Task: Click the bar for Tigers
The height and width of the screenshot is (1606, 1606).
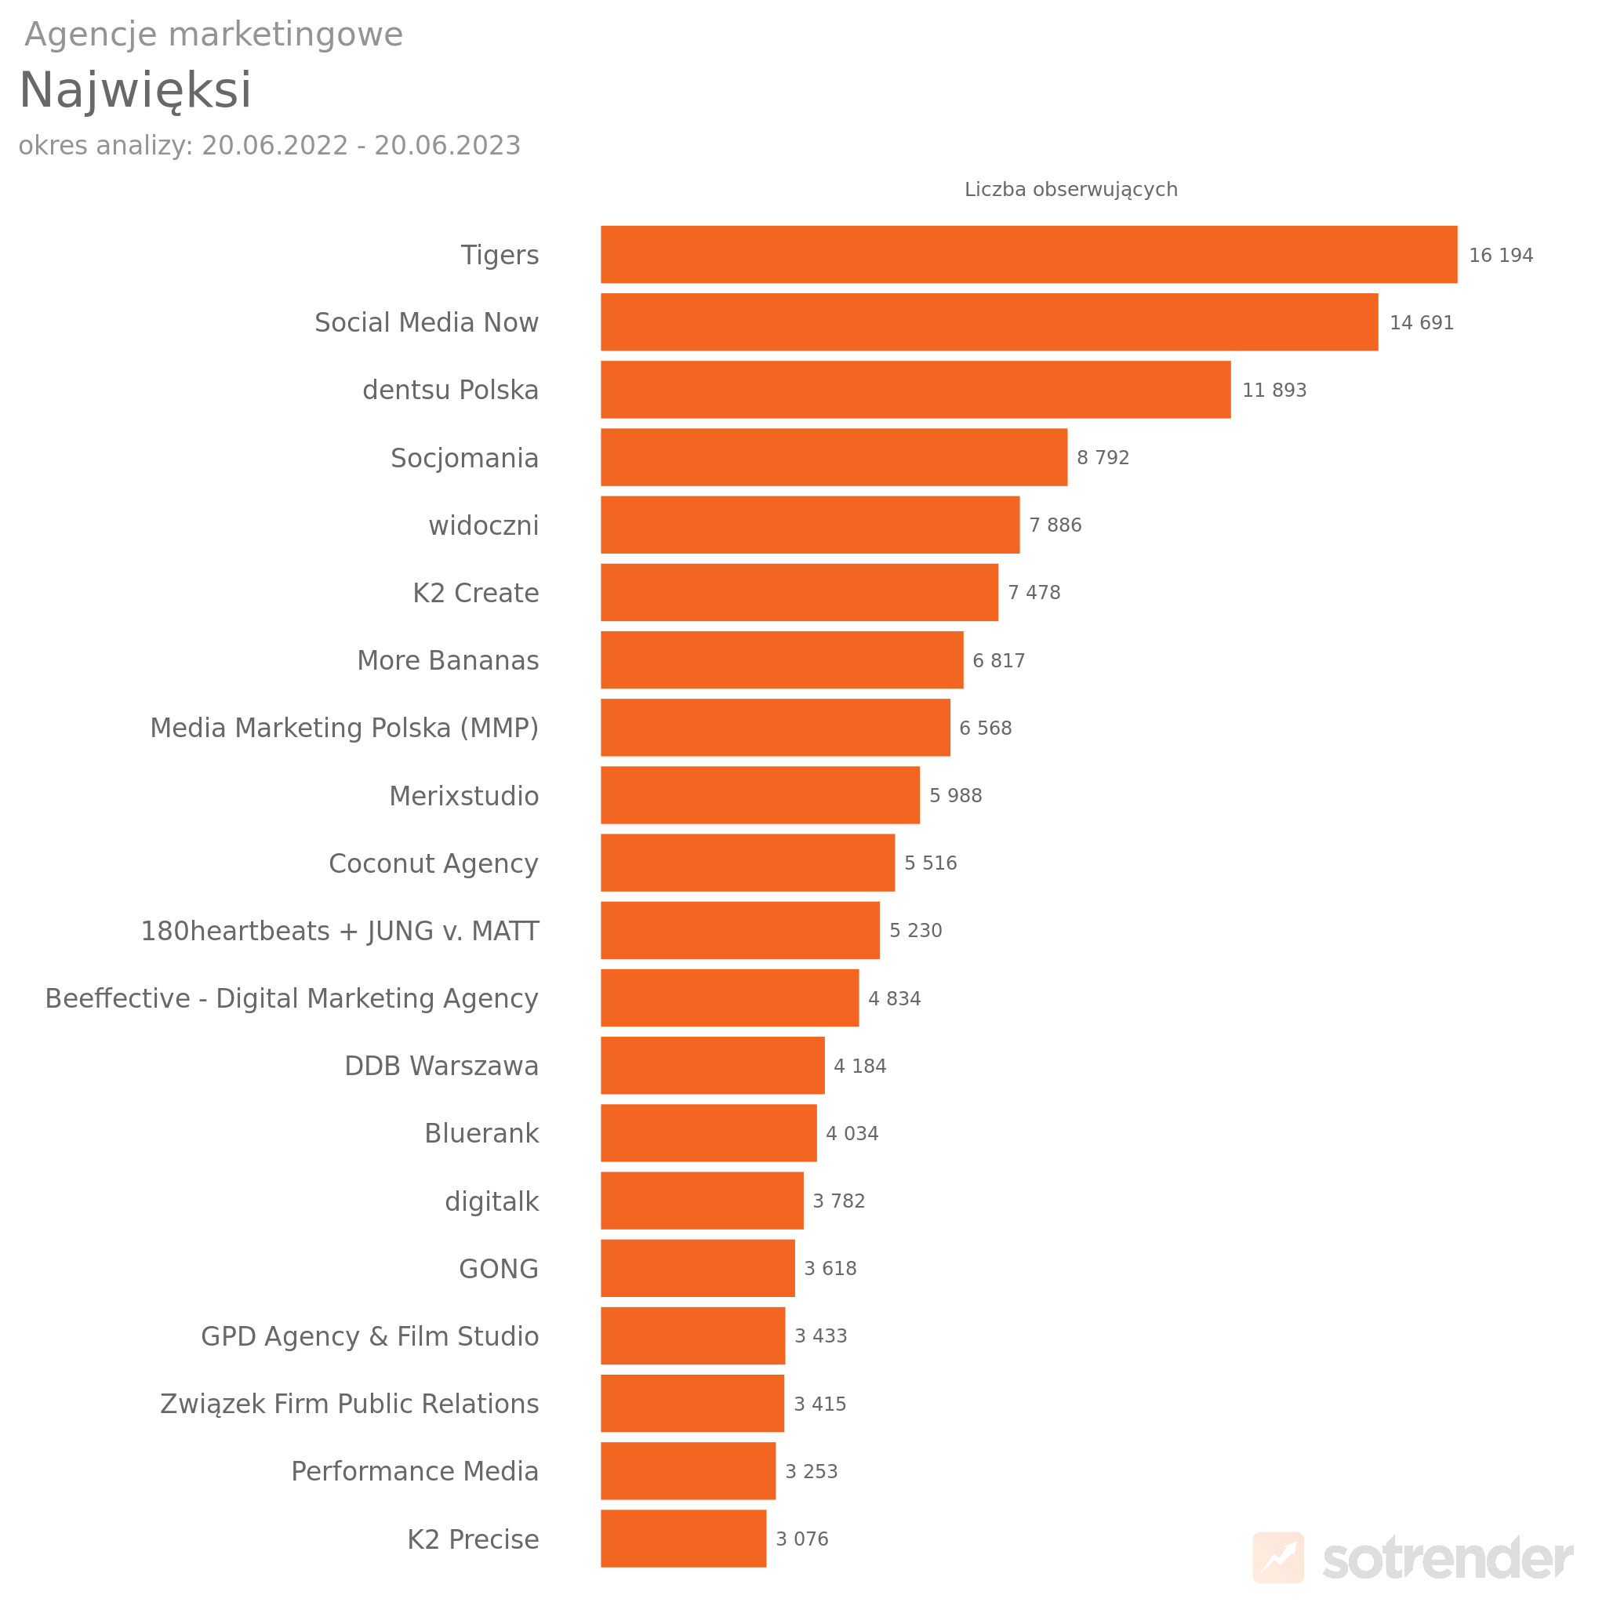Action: [x=1028, y=254]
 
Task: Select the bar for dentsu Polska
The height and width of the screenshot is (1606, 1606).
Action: [x=915, y=389]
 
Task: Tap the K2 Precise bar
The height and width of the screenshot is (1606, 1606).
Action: [x=683, y=1539]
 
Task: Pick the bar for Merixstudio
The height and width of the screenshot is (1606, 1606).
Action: [x=760, y=795]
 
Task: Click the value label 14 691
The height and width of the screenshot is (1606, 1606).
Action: [x=1422, y=322]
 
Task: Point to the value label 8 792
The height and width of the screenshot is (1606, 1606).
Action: [x=1103, y=457]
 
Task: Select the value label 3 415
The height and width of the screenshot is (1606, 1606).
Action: [x=819, y=1404]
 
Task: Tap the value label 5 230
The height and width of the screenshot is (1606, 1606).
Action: [x=915, y=930]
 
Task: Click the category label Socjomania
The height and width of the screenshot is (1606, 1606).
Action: [x=464, y=458]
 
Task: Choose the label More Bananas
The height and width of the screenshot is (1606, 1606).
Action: [x=447, y=660]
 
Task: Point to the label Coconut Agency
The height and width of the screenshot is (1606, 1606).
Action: [x=433, y=863]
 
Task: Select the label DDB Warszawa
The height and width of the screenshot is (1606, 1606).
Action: [x=441, y=1066]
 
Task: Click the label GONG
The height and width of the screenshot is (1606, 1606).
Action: [x=498, y=1269]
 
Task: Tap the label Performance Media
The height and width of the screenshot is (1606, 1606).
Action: [x=414, y=1471]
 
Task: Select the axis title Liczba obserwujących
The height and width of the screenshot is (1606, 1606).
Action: [x=1070, y=190]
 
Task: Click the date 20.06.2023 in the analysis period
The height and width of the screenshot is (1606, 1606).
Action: [x=447, y=146]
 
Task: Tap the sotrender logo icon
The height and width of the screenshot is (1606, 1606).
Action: [x=1277, y=1557]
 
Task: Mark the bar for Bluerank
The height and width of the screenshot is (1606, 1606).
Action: [x=708, y=1133]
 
